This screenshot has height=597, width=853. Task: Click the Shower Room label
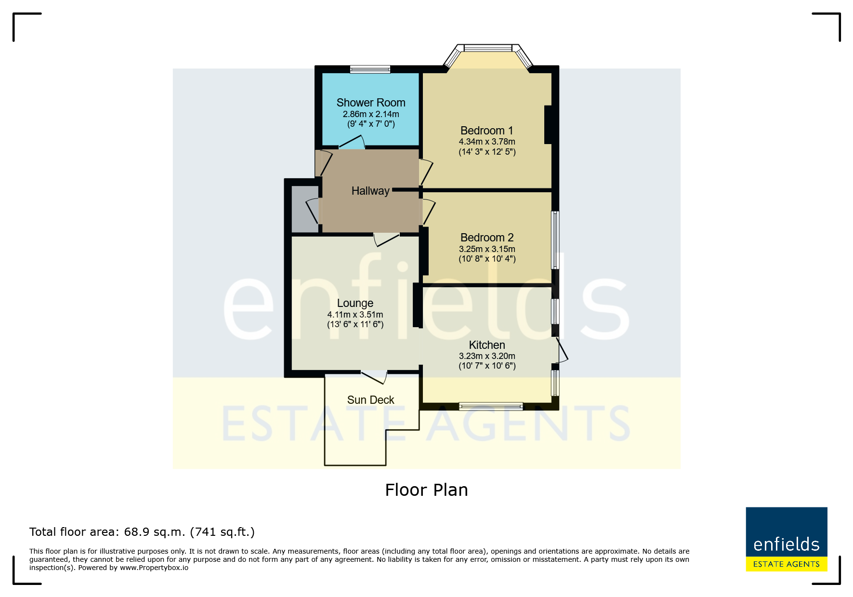371,103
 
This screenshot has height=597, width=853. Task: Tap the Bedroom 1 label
487,131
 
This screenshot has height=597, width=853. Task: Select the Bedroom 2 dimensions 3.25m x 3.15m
487,249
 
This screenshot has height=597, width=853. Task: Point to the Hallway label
370,191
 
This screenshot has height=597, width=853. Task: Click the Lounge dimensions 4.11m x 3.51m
355,315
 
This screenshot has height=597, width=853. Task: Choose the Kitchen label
487,345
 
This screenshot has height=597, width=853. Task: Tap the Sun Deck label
371,400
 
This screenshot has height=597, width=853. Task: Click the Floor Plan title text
426,490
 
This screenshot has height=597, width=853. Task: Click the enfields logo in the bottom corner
787,539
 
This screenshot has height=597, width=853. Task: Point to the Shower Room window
370,69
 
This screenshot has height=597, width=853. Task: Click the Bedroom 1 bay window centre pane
488,48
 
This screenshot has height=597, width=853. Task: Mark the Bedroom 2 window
555,239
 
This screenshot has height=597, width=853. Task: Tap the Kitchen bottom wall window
491,406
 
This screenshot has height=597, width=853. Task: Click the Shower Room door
352,142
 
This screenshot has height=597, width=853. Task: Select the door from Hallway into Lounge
386,239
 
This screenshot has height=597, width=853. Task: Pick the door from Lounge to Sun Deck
374,377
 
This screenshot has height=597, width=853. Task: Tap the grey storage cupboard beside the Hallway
305,209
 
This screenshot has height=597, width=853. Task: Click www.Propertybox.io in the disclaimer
154,568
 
